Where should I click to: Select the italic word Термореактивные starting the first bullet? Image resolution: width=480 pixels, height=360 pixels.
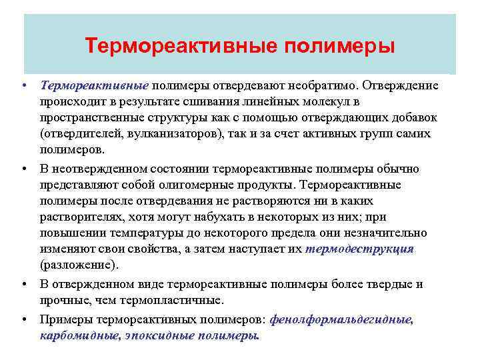pyautogui.click(x=93, y=86)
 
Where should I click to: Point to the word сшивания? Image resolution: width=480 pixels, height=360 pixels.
pyautogui.click(x=206, y=102)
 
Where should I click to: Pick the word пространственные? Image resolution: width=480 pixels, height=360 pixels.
pyautogui.click(x=91, y=118)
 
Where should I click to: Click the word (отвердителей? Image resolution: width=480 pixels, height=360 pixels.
pyautogui.click(x=82, y=134)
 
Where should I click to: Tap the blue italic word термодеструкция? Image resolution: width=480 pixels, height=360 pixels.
pyautogui.click(x=359, y=249)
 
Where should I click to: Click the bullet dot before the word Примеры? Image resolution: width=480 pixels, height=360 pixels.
pyautogui.click(x=24, y=319)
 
